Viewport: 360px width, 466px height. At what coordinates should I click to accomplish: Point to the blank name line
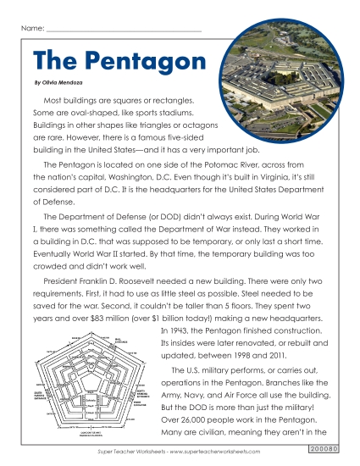tap(123, 31)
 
